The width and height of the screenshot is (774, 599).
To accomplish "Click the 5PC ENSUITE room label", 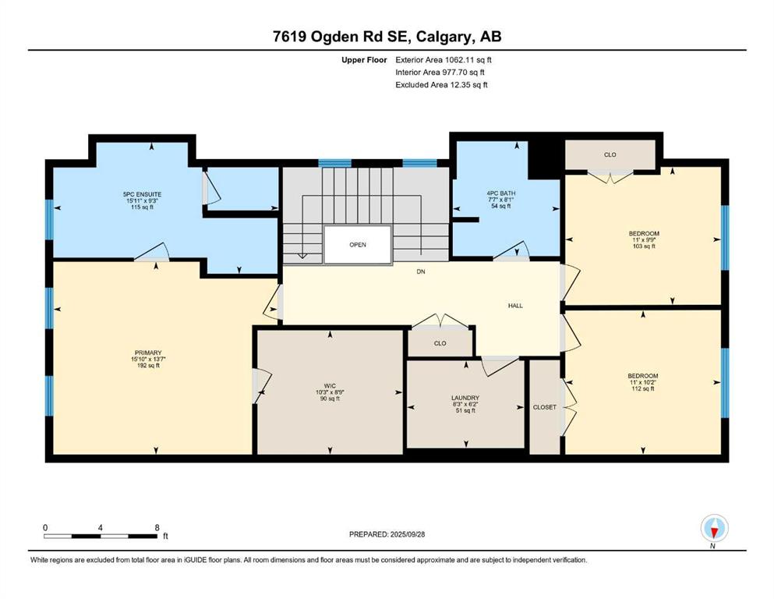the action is point(142,194).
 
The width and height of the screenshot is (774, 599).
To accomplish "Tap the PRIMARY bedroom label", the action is point(148,353).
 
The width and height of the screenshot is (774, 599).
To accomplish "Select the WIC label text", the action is point(330,386).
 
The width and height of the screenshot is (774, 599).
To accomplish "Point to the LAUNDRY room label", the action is point(465,398).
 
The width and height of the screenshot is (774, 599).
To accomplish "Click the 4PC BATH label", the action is point(501,193).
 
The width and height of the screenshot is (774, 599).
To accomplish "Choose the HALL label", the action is point(515,306).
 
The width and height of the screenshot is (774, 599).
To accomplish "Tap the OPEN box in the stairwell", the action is point(358,245).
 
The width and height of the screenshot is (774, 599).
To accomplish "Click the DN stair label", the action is point(421,271).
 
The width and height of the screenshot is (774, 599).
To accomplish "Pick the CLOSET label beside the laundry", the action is point(545,407).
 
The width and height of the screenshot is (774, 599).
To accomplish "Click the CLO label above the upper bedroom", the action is point(610,154).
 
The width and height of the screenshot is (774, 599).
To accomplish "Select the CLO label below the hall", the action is point(440,343).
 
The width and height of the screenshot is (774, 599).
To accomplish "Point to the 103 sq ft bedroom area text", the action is point(644,246).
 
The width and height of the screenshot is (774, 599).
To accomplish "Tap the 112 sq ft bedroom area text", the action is point(643,388).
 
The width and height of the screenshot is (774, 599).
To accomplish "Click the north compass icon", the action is point(714,528).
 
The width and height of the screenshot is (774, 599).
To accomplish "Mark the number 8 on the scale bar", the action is point(157,527).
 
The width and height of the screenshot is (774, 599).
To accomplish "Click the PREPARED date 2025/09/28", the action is point(407,534).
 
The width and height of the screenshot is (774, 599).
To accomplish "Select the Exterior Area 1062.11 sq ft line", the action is point(444,60).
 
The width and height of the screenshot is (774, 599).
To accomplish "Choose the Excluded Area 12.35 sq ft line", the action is point(441,84).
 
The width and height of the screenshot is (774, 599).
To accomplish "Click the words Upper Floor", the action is point(364,60).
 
